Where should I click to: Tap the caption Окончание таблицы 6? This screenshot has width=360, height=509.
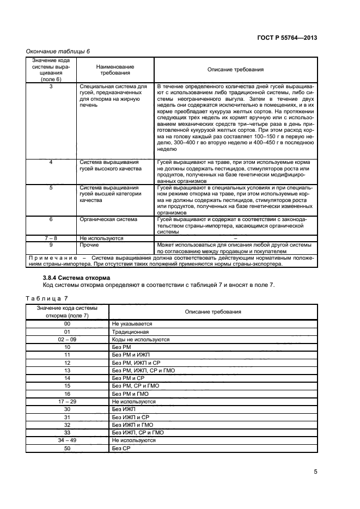tap(58, 51)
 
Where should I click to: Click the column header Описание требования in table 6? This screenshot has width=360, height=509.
tap(235, 70)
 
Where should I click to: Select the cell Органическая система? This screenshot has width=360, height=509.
tap(108, 219)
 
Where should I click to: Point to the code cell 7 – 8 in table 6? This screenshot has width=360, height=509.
tap(51, 238)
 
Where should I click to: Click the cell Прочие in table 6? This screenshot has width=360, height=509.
tap(89, 245)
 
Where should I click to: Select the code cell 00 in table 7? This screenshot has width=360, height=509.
tap(68, 323)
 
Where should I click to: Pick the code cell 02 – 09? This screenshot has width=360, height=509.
tap(68, 339)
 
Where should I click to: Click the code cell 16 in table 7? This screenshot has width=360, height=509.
tap(68, 394)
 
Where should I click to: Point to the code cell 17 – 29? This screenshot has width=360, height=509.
tap(68, 401)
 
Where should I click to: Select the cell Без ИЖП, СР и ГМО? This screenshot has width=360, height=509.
tap(138, 432)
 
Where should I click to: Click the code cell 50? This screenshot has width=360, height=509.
tap(68, 448)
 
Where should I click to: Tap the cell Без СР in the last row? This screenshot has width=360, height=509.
tap(119, 448)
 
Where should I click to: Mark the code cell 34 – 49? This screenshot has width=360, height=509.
tap(68, 440)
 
